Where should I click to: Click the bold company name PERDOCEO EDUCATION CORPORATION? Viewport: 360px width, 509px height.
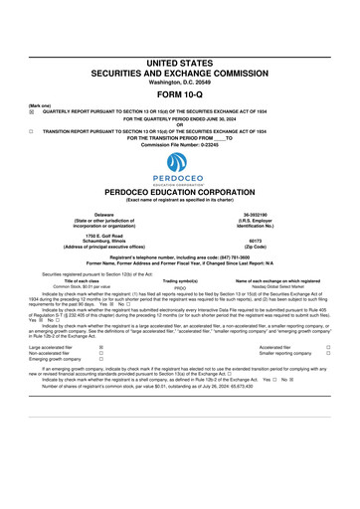pos(180,192)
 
